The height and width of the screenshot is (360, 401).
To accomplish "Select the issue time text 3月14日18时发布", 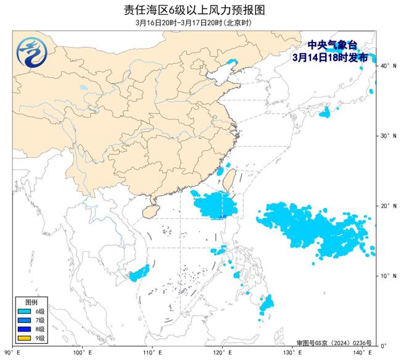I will [x=330, y=57].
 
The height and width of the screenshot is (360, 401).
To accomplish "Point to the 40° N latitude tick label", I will [x=387, y=65].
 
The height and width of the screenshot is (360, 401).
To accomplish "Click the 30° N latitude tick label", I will [x=387, y=135].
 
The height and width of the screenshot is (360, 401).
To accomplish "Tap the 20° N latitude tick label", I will [x=387, y=206].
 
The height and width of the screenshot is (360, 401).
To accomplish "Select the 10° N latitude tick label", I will [x=387, y=275].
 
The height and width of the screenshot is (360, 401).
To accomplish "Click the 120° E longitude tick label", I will [x=223, y=353].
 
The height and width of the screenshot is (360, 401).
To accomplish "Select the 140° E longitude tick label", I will [x=365, y=353].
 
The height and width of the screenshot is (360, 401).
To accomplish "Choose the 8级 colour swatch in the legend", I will [x=25, y=330].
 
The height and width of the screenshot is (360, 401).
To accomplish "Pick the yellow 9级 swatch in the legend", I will [x=25, y=338].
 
